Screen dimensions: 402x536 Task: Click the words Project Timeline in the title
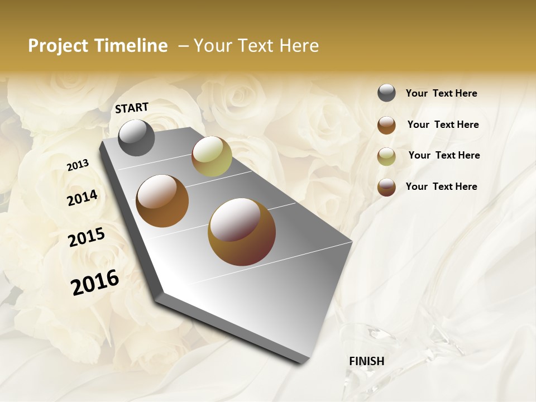point(98,46)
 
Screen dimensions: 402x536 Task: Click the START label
point(132,108)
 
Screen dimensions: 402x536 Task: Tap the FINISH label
point(366,361)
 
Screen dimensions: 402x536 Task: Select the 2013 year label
point(78,165)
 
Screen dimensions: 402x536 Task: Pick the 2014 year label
point(83,198)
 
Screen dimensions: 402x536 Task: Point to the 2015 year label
point(87,237)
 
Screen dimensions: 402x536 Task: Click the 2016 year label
point(95,282)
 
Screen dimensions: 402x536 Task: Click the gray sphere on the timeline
point(136,137)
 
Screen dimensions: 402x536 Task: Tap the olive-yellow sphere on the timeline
point(212,156)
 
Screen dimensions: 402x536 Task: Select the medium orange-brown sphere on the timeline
point(162,201)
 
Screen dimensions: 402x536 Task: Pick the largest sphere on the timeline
point(242,232)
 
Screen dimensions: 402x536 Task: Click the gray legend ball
point(386,93)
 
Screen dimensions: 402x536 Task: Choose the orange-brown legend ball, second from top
point(386,125)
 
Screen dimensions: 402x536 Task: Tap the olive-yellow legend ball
point(386,156)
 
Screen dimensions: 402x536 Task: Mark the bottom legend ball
point(386,187)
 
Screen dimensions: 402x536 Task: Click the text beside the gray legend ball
point(441,93)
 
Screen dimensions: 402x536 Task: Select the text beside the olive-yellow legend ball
point(444,155)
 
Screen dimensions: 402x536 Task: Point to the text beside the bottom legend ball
point(441,186)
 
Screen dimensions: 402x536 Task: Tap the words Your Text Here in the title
point(256,46)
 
